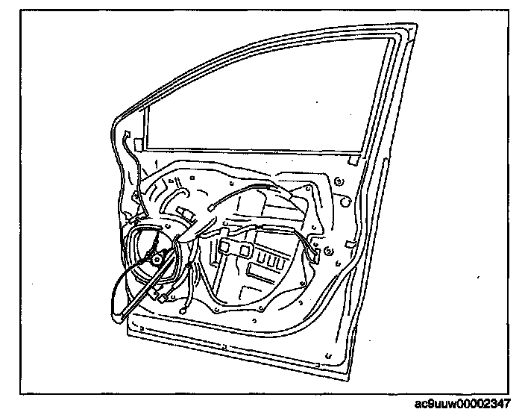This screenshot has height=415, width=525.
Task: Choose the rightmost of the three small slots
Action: pyautogui.click(x=280, y=262)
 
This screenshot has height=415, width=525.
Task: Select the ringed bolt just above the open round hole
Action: pyautogui.click(x=340, y=180)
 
